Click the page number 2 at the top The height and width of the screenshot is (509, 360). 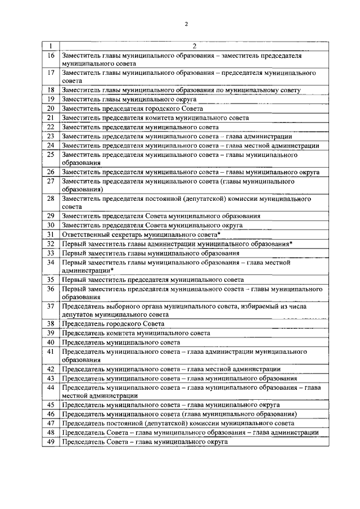click(x=186, y=23)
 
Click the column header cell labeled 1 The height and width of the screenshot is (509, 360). click(x=51, y=46)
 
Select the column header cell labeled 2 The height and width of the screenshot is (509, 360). click(x=193, y=46)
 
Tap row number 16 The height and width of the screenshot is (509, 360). click(x=51, y=56)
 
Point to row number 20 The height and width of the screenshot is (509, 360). click(x=51, y=108)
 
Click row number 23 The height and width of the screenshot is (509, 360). click(x=51, y=136)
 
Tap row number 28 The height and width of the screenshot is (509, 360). click(x=51, y=199)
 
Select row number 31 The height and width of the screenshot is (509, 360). click(x=51, y=234)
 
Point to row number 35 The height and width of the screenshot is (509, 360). click(x=51, y=280)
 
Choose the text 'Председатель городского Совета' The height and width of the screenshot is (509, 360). click(x=113, y=324)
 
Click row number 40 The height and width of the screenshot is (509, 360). click(x=51, y=342)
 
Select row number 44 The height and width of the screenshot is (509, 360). click(x=51, y=388)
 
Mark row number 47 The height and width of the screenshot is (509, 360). click(x=51, y=423)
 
